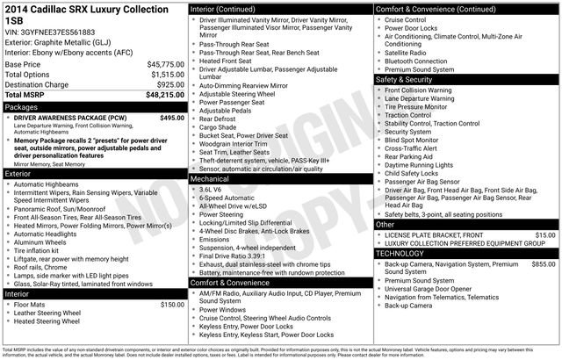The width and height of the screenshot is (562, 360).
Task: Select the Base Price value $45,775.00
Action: pyautogui.click(x=165, y=65)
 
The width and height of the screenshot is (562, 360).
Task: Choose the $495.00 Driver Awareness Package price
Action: pyautogui.click(x=173, y=117)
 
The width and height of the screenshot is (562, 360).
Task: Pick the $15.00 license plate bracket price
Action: pyautogui.click(x=545, y=235)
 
